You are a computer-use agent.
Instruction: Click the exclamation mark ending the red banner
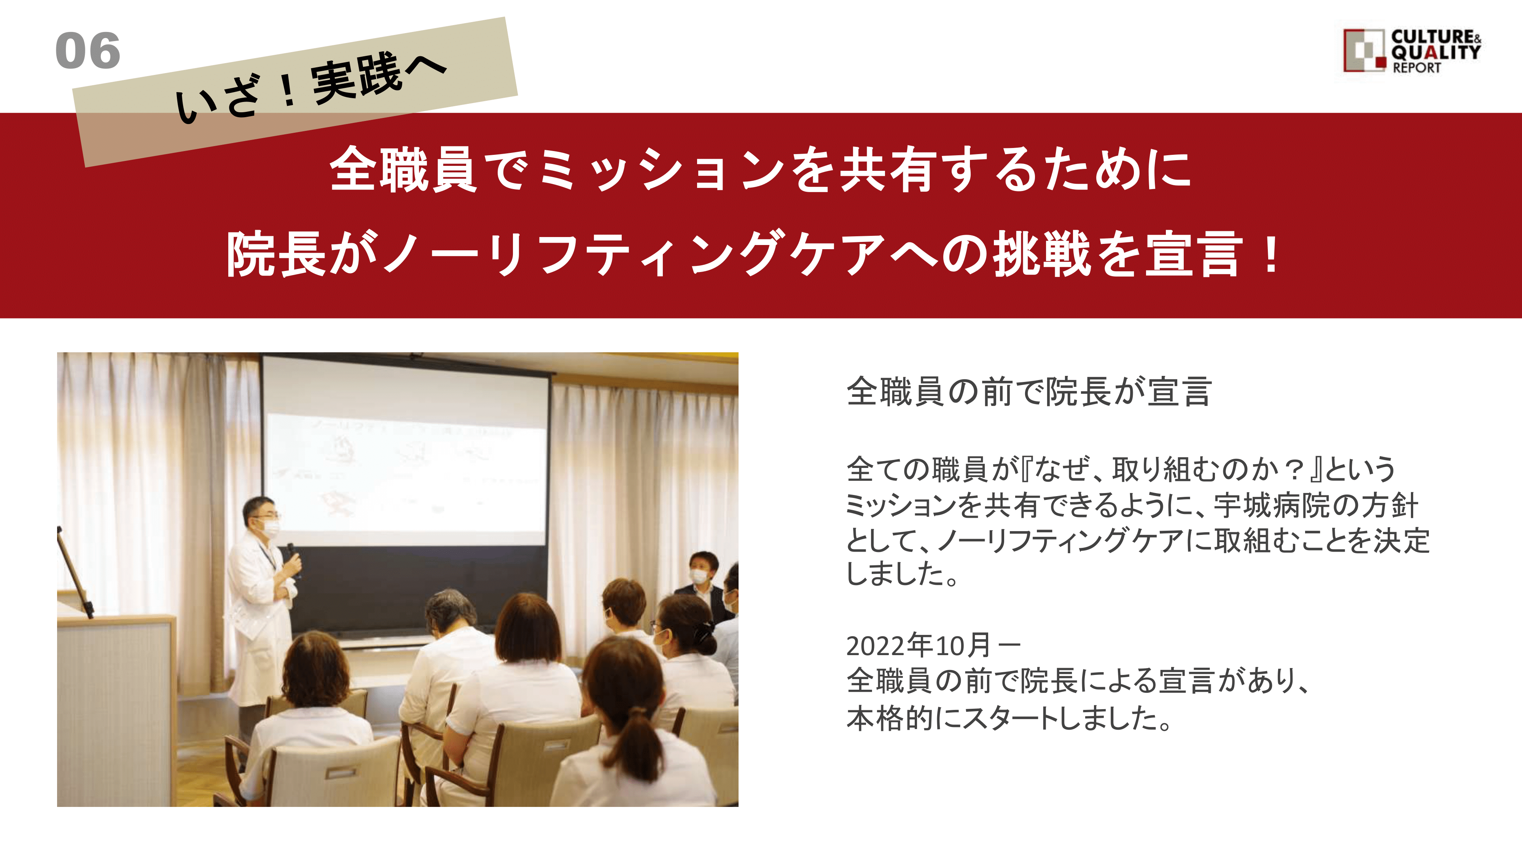click(1270, 254)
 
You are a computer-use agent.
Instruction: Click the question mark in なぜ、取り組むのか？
click(1294, 469)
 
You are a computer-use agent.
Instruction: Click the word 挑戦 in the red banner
click(1042, 254)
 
